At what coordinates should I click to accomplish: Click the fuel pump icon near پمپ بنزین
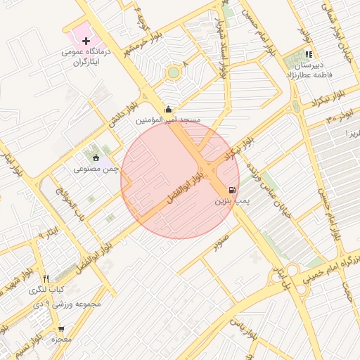tap(232, 191)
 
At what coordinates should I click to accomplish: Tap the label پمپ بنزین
tap(231, 202)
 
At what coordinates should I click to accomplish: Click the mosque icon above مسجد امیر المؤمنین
tap(167, 110)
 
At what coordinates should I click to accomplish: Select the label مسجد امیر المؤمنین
tap(168, 120)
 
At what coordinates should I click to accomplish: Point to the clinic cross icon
tap(86, 41)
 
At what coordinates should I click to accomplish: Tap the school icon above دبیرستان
tap(308, 54)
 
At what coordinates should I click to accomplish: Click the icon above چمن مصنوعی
tap(96, 157)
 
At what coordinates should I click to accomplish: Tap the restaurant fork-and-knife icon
tap(46, 278)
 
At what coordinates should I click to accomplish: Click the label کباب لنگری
tap(46, 290)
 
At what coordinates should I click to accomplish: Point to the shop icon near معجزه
tap(61, 328)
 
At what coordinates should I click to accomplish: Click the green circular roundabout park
tap(173, 72)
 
